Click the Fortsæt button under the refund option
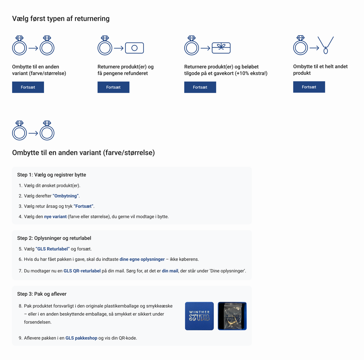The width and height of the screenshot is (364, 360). click(x=113, y=87)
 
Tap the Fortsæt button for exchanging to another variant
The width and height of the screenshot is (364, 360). click(x=28, y=87)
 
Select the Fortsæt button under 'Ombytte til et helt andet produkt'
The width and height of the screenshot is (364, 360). click(x=309, y=87)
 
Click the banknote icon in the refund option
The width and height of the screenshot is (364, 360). click(x=134, y=48)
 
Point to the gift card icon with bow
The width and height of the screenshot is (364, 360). click(x=221, y=48)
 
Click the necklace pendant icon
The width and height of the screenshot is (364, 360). click(x=326, y=45)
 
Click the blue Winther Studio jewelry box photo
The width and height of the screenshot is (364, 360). click(x=199, y=316)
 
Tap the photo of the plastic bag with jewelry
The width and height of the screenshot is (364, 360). click(x=232, y=316)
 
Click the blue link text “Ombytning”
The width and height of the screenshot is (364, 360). click(x=66, y=196)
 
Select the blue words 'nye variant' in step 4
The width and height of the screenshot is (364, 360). click(x=55, y=217)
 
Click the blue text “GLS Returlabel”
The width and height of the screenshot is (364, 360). click(x=52, y=249)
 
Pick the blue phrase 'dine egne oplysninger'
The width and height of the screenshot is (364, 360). click(x=142, y=259)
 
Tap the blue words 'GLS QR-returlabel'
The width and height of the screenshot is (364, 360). click(x=82, y=271)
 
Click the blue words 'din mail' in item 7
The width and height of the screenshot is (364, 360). click(x=170, y=271)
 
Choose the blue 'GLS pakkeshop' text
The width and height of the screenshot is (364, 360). click(x=81, y=338)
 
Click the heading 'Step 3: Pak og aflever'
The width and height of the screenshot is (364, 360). click(x=42, y=294)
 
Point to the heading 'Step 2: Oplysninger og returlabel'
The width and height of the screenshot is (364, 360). click(x=54, y=238)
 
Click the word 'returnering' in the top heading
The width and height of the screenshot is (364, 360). click(x=92, y=19)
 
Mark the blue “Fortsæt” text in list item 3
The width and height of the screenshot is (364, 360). click(x=83, y=206)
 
